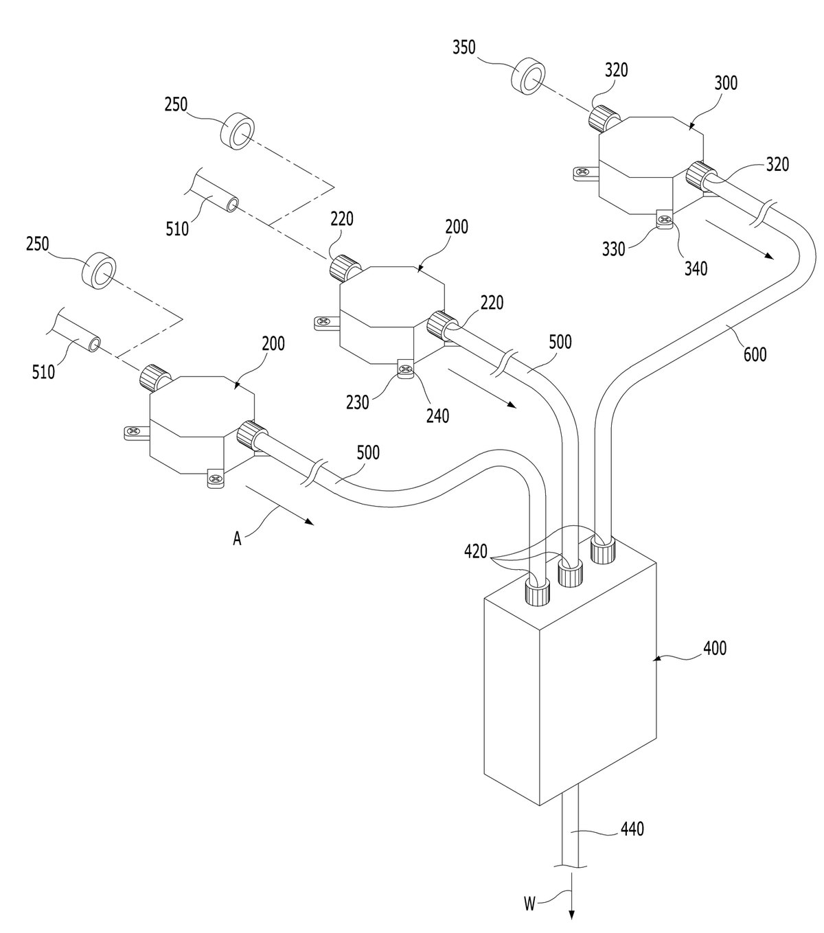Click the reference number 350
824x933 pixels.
tap(463, 47)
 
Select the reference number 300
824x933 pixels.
tap(726, 83)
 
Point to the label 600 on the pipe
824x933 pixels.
tap(755, 354)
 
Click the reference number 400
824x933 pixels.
tap(715, 648)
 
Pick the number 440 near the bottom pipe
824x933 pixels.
tap(632, 829)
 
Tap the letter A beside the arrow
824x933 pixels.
tap(237, 538)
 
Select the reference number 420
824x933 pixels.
tap(476, 551)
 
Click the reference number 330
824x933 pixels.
tap(613, 249)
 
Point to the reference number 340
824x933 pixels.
tap(696, 268)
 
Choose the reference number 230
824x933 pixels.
tap(358, 402)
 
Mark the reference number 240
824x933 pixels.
tap(437, 416)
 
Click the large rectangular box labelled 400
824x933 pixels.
tap(570, 682)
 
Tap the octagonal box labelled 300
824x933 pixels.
tap(650, 165)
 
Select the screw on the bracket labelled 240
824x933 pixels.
tap(406, 369)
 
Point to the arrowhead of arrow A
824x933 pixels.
tap(309, 522)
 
